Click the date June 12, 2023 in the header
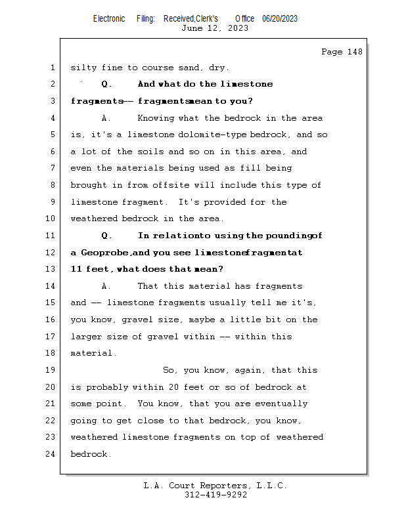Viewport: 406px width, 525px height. click(215, 28)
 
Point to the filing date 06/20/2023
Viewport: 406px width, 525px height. click(279, 18)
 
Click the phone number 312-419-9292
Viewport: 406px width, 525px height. click(215, 495)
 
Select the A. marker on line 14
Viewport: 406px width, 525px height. click(107, 286)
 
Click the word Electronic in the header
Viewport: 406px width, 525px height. click(109, 18)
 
